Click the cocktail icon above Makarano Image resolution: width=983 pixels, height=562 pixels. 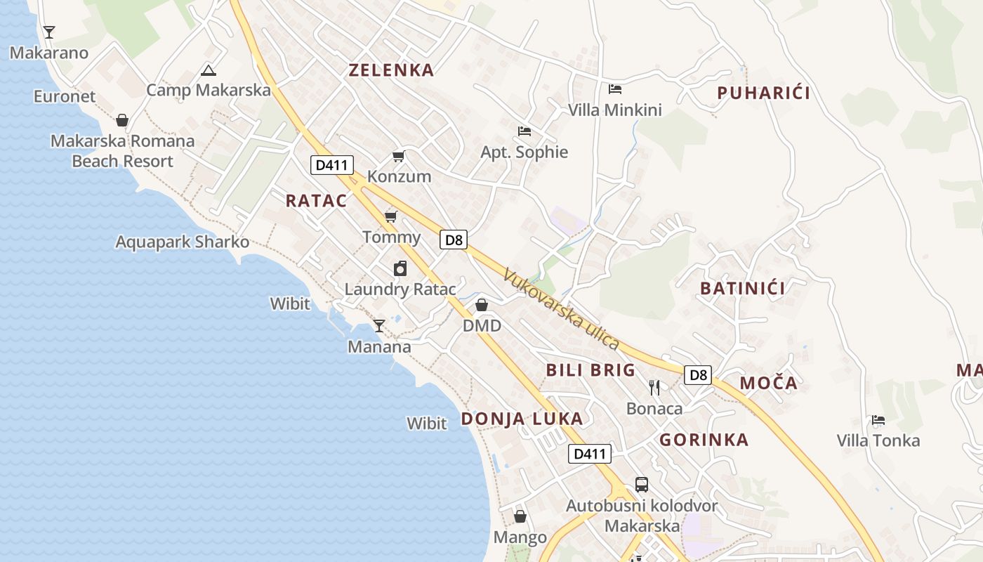48,32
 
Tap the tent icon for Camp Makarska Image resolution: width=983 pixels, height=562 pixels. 208,70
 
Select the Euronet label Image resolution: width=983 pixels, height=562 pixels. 65,96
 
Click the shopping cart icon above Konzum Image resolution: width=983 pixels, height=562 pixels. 399,156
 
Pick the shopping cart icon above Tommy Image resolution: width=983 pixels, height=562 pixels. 391,216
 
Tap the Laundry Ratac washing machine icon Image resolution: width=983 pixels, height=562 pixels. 400,268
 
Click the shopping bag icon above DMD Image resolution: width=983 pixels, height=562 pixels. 482,305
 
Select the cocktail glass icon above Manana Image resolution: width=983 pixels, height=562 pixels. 379,325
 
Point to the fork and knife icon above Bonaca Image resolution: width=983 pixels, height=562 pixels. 654,387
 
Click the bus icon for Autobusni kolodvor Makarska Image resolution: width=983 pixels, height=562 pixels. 642,484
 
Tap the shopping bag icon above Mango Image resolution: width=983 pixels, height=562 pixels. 520,516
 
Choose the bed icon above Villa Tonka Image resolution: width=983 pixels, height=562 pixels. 878,420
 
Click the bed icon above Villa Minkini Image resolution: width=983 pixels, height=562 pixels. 615,89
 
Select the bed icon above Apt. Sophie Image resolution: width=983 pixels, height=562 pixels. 524,131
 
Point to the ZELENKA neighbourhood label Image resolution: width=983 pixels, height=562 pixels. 391,70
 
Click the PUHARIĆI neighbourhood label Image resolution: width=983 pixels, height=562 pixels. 764,93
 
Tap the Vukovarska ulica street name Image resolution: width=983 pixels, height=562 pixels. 561,310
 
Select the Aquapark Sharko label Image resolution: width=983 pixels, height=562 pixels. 183,242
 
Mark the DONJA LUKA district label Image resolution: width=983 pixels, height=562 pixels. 522,419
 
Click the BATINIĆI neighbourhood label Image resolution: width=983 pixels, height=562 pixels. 742,288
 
